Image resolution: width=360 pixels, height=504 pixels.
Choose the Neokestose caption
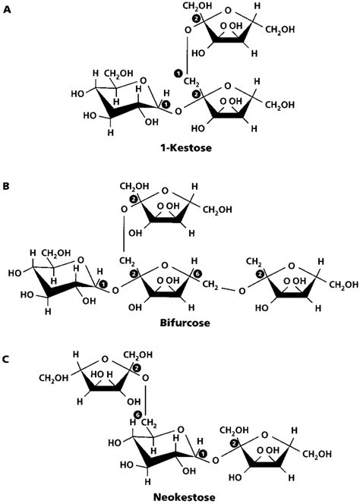(x=180, y=496)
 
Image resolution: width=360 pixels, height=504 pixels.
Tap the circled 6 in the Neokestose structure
(x=137, y=414)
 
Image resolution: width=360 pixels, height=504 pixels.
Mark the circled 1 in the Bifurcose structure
(x=103, y=282)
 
